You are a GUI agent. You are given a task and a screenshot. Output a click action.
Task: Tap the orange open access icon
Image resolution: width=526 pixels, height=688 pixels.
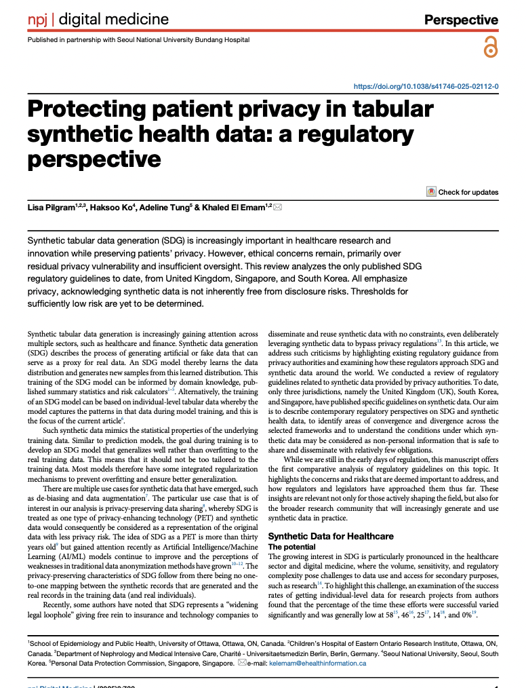point(490,47)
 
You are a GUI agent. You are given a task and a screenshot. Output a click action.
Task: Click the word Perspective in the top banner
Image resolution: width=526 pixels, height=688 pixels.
point(461,20)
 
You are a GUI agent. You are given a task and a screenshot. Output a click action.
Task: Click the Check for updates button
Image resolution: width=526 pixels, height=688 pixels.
point(462,192)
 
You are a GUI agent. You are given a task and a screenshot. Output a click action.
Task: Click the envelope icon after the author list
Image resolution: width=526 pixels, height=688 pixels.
point(277,206)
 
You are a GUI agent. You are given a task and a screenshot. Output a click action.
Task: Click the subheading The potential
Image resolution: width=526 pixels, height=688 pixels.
point(291,546)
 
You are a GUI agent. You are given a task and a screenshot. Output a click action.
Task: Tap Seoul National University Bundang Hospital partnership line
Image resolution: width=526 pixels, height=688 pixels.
point(138,39)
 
